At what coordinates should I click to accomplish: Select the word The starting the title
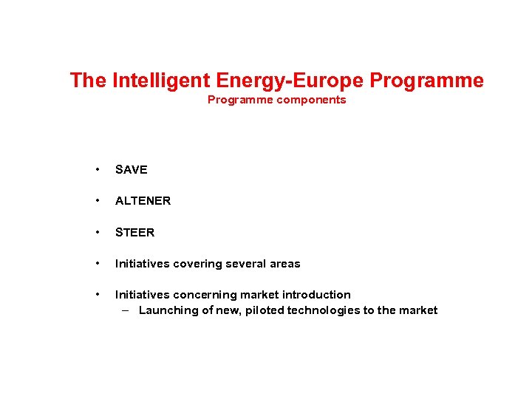point(88,81)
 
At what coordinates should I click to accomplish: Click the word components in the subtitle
point(311,100)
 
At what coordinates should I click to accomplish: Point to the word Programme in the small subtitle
point(240,100)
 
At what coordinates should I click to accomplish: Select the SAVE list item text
point(132,170)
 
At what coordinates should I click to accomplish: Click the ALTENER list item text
point(143,201)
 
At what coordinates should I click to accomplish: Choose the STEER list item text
point(135,233)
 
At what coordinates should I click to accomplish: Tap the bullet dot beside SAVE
point(98,169)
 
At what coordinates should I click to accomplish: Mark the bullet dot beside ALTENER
point(98,200)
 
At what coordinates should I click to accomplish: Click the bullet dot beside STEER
point(98,232)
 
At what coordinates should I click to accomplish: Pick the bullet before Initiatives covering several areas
point(98,263)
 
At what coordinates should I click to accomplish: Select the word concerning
point(202,295)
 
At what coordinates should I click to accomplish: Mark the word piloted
point(260,310)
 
